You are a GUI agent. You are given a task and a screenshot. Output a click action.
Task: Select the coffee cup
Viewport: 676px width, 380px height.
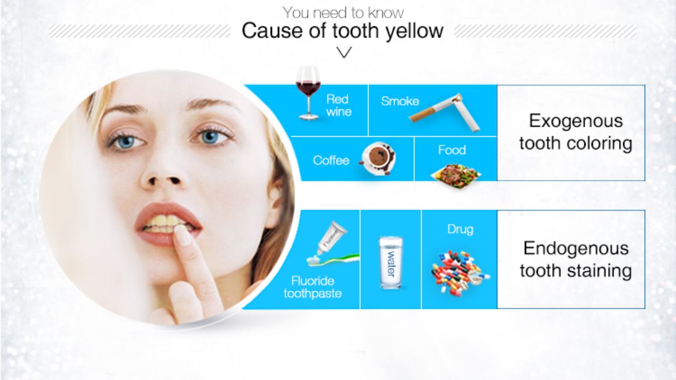click(x=378, y=157)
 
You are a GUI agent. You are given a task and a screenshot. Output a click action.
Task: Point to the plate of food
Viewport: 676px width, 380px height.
click(x=455, y=172)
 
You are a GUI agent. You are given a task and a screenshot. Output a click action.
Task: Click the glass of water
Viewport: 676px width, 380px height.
click(x=391, y=262)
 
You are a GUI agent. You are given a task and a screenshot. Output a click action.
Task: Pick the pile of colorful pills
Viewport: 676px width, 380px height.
click(x=459, y=272)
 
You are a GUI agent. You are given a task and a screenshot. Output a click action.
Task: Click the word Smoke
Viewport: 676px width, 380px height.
click(x=400, y=101)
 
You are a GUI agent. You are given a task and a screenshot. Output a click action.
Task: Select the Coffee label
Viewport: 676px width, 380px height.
click(x=331, y=160)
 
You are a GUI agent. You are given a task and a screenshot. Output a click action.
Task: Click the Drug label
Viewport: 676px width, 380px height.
click(x=460, y=230)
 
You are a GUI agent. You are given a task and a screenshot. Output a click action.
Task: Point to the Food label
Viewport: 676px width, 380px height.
click(x=452, y=150)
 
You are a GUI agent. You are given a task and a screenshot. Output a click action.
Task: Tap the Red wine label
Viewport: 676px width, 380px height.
click(x=338, y=105)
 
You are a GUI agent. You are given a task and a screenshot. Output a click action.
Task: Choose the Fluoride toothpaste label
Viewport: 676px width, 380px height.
click(x=313, y=287)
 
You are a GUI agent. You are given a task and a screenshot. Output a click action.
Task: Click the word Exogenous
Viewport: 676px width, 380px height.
click(x=576, y=121)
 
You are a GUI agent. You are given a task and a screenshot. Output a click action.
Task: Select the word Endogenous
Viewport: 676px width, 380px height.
click(x=576, y=248)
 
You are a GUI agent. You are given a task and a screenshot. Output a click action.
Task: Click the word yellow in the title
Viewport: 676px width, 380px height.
click(x=413, y=31)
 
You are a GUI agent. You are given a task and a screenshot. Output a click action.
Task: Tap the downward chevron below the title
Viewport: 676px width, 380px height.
click(x=344, y=52)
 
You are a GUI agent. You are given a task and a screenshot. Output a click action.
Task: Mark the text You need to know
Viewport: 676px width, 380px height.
click(x=343, y=12)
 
